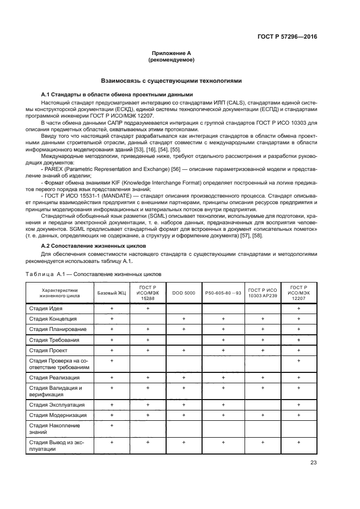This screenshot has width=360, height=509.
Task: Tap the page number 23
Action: pyautogui.click(x=314, y=463)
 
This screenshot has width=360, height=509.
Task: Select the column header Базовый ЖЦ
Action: pyautogui.click(x=111, y=293)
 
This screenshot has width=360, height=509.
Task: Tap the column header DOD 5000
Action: pyautogui.click(x=184, y=293)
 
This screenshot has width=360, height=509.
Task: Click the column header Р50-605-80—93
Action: pyautogui.click(x=223, y=293)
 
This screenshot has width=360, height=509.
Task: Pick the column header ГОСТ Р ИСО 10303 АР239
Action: pyautogui.click(x=262, y=293)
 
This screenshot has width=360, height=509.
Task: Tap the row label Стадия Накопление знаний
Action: pyautogui.click(x=54, y=429)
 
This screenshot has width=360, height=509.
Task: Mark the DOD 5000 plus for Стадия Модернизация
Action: pyautogui.click(x=184, y=415)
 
